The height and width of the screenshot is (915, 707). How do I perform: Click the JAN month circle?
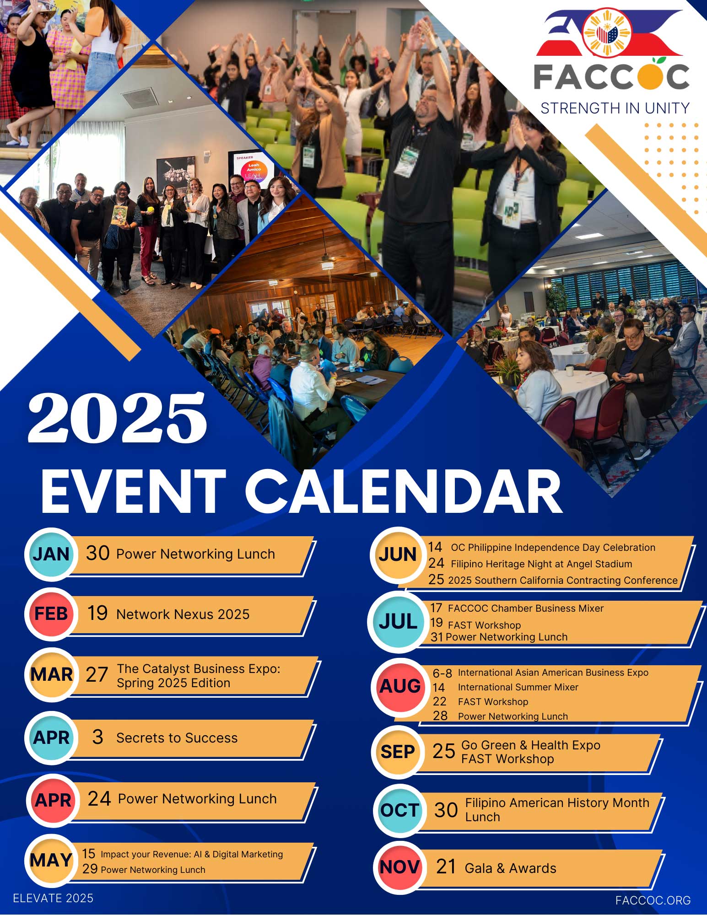coord(51,554)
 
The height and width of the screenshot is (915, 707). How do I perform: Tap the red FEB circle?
coord(51,614)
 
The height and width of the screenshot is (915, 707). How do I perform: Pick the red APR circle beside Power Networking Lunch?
coord(53,801)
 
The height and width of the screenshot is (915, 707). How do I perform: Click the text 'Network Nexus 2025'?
coord(183,614)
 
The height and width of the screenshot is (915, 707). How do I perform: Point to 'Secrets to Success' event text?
coord(177,738)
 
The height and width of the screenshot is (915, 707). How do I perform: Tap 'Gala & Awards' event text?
coord(511,868)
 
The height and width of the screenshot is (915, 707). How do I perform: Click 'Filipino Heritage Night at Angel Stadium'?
coord(541,564)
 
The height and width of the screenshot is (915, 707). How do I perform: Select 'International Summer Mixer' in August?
coord(518,687)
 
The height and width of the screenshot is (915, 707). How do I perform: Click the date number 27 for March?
coord(97,675)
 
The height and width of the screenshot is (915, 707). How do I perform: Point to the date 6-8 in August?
coord(442,673)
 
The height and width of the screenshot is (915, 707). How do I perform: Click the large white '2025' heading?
coord(118,418)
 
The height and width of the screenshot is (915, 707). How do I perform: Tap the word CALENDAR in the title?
coord(406,492)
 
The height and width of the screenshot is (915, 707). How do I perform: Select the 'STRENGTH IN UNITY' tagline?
coord(615,108)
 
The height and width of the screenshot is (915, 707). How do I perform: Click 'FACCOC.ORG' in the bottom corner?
coord(653,900)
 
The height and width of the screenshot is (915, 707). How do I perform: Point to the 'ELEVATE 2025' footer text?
coord(53,898)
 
